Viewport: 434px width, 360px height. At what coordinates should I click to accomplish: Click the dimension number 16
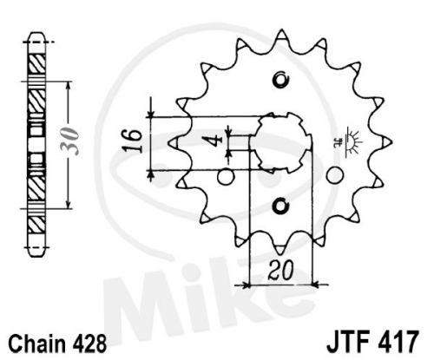click(132, 141)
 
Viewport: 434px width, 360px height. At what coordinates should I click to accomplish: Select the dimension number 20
click(280, 271)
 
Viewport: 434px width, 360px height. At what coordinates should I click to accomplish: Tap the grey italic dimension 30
click(69, 141)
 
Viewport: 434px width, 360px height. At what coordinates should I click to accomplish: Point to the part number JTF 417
click(372, 341)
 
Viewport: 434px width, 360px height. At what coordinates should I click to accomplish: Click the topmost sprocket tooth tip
click(281, 31)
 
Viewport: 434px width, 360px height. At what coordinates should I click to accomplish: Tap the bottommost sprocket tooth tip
click(281, 254)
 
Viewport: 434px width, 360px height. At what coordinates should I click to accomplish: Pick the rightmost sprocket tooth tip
click(391, 142)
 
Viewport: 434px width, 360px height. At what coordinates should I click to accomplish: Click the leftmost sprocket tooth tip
click(169, 142)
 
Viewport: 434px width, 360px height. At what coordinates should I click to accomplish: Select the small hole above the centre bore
click(280, 79)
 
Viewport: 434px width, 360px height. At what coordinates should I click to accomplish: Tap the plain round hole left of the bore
click(226, 177)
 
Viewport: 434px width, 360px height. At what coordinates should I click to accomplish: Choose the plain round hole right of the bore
click(335, 175)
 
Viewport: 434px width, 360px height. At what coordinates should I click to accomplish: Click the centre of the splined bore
click(280, 142)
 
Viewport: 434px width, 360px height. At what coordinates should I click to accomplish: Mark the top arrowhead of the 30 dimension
click(69, 84)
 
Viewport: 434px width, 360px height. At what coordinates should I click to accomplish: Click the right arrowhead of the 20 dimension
click(315, 285)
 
